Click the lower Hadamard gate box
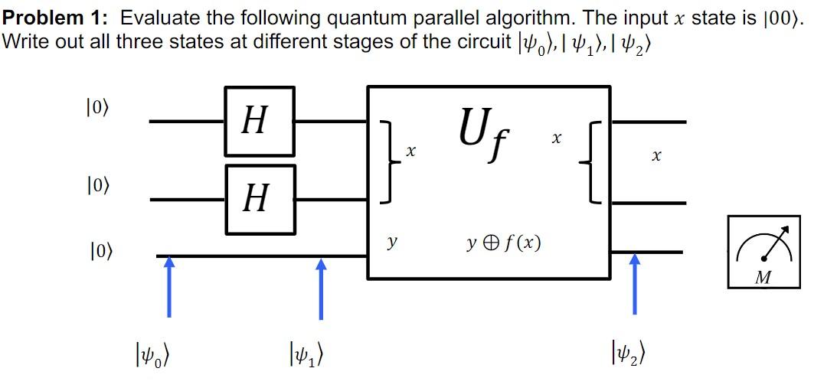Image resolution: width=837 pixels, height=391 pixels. [260, 200]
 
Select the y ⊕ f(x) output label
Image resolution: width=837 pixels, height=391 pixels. [503, 243]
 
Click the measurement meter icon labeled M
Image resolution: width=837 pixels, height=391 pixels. [763, 252]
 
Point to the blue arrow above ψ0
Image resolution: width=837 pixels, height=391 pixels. [169, 286]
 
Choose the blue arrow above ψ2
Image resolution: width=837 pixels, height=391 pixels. [634, 284]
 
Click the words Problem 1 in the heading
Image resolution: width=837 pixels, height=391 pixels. [51, 18]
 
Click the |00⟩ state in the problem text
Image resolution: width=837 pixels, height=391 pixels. [782, 18]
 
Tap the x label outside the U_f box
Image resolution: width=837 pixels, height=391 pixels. [655, 157]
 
